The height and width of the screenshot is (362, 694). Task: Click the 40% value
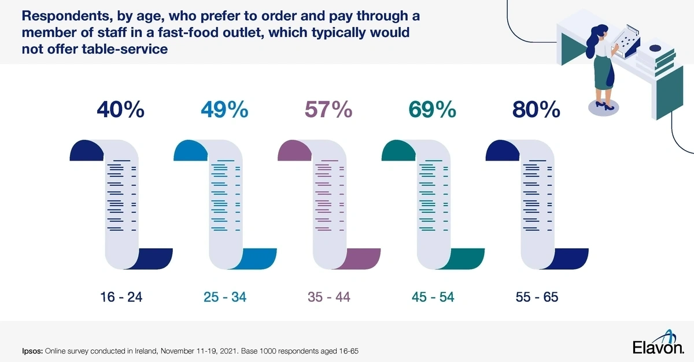pos(121,110)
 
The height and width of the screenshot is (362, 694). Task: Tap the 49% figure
pos(224,110)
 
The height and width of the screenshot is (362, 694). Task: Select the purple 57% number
pos(328,110)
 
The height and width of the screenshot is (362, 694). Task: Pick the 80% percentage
pos(537,110)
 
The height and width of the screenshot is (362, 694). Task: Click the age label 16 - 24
pos(120,297)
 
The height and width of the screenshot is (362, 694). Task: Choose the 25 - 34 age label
pos(224,297)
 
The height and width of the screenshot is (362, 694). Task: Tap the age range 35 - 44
pos(328,297)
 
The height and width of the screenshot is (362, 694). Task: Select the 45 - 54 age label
pos(433,297)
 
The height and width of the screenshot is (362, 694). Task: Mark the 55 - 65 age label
pos(537,297)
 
